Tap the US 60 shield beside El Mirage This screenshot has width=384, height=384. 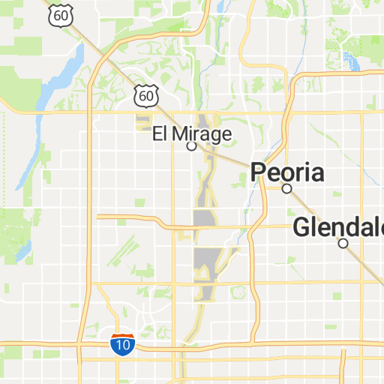coord(146,95)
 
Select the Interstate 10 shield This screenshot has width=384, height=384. coord(122,344)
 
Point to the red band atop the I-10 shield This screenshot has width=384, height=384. coord(122,337)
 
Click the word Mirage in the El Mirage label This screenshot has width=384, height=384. coord(202,134)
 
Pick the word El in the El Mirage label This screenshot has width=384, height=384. coord(160,134)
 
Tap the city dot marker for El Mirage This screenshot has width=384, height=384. coord(191,146)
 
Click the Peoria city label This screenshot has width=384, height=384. coord(288,173)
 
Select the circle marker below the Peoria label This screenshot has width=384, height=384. coord(286,189)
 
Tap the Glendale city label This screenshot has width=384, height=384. coord(338,227)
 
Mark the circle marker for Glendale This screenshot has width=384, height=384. coord(343,243)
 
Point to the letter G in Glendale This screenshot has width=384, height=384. coord(301,227)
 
